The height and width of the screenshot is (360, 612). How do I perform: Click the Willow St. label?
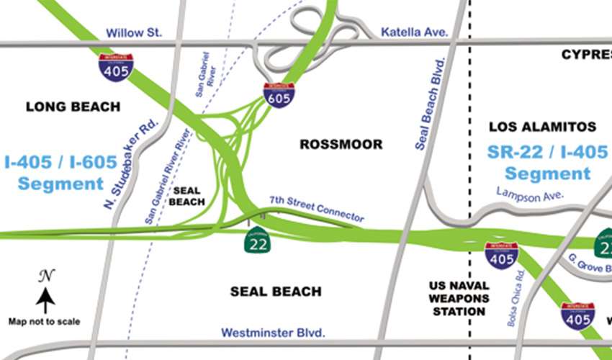135,32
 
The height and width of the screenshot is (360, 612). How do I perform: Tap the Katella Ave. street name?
414,32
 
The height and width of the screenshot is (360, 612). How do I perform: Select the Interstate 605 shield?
279,95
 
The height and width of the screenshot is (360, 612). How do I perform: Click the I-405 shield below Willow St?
115,66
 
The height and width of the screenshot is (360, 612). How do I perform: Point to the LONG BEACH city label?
73,107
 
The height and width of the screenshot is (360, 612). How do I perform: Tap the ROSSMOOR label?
341,145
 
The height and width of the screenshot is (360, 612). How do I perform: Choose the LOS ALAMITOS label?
542,127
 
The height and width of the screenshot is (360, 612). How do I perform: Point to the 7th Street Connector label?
317,208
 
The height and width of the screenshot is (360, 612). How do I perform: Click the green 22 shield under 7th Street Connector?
256,242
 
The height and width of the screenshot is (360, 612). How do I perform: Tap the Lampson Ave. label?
530,194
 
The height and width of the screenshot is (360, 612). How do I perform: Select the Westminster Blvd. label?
273,333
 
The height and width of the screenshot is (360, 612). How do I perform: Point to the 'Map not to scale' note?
45,322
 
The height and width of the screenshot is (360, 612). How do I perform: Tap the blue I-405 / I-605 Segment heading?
60,173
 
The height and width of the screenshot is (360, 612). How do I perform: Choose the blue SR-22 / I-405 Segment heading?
547,163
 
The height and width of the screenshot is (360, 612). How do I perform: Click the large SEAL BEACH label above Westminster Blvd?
275,292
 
